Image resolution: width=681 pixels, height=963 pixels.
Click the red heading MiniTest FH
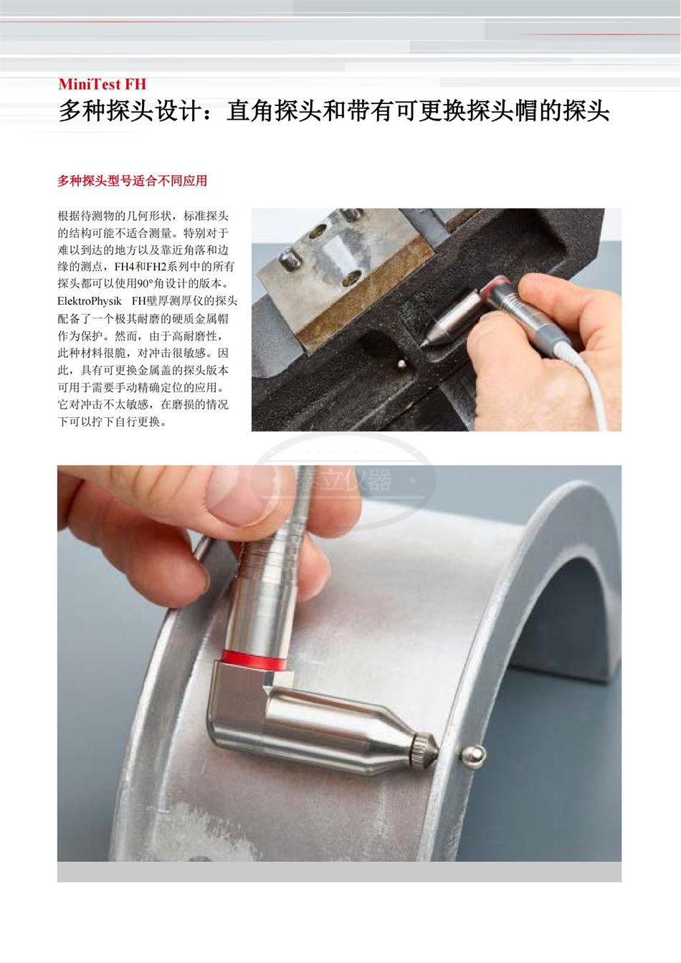point(103,84)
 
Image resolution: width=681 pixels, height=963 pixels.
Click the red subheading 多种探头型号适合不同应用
point(133,181)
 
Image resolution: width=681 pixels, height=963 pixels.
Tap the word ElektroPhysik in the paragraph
point(90,301)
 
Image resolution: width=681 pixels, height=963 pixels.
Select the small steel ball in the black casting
point(402,364)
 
